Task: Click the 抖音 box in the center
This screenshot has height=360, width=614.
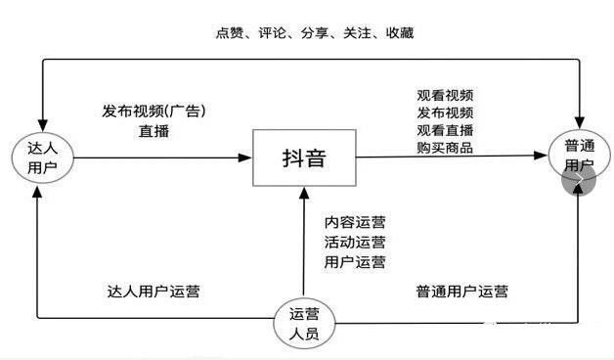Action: pyautogui.click(x=303, y=157)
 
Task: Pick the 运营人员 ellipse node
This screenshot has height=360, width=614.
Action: pyautogui.click(x=304, y=324)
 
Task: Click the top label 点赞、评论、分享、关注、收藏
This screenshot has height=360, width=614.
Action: pyautogui.click(x=314, y=33)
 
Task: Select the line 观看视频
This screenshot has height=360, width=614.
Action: pyautogui.click(x=445, y=95)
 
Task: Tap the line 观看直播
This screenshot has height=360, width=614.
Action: pyautogui.click(x=445, y=130)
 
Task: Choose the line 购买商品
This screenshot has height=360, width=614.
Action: pyautogui.click(x=445, y=148)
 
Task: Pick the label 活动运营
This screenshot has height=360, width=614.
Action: pyautogui.click(x=355, y=243)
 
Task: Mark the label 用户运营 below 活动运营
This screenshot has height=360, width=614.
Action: pyautogui.click(x=355, y=261)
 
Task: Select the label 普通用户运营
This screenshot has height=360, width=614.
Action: pyautogui.click(x=461, y=292)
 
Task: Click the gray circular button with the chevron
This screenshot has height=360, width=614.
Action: pyautogui.click(x=578, y=178)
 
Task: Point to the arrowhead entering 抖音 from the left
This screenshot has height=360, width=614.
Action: pyautogui.click(x=245, y=157)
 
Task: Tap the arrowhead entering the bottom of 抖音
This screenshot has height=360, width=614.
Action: pyautogui.click(x=303, y=192)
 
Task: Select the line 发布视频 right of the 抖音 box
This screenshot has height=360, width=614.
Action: pyautogui.click(x=445, y=112)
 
